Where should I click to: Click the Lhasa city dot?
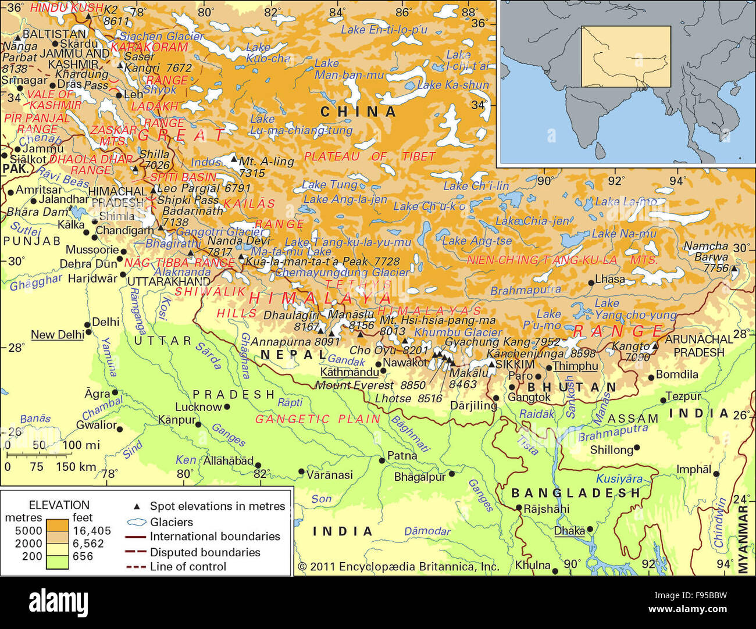tap(591, 283)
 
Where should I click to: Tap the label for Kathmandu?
tap(349, 372)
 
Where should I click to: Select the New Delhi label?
tap(57, 335)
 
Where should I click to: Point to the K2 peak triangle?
tap(88, 16)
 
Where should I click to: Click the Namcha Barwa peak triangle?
tap(734, 270)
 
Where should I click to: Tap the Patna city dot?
tap(381, 460)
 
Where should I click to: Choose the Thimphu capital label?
tap(575, 366)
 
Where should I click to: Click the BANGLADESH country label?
tap(576, 493)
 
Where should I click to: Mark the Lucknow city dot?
tap(227, 408)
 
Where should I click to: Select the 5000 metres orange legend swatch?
tap(58, 525)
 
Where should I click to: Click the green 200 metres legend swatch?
tap(58, 561)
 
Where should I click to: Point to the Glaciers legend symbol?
tap(137, 522)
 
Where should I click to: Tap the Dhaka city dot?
tap(590, 530)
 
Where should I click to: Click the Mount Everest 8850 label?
tap(370, 385)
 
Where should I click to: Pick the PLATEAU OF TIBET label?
tap(370, 156)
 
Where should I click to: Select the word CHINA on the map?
tap(358, 112)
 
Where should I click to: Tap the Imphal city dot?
tap(716, 474)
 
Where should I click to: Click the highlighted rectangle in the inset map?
tap(626, 56)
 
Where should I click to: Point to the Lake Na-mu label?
tap(623, 234)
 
